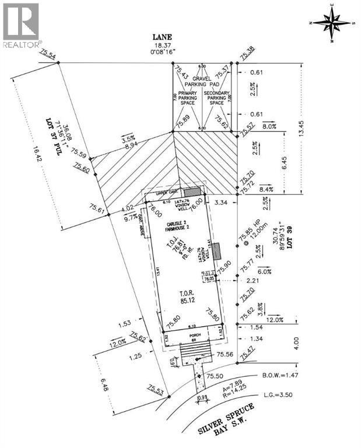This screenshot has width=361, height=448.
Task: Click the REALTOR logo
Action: [x=21, y=25]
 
